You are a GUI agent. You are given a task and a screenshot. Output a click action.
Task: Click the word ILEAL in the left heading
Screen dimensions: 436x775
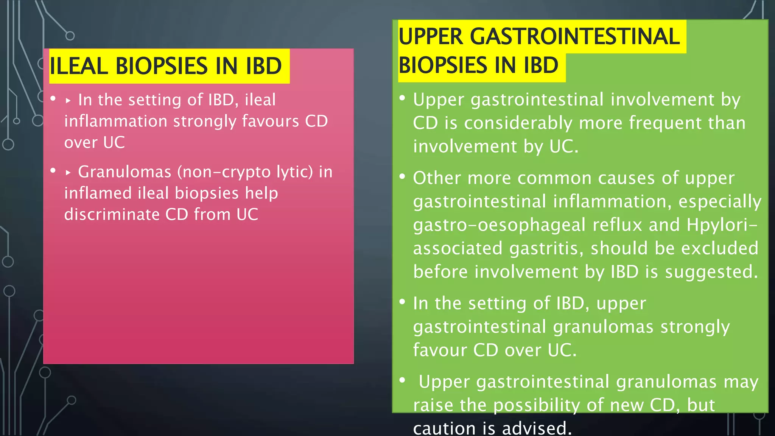79,66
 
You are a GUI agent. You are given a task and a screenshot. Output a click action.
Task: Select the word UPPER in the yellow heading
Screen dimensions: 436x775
430,37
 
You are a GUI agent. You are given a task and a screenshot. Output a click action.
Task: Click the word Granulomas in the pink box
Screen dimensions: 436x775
124,172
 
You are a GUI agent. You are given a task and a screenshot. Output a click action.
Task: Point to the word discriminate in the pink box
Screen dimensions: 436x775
112,215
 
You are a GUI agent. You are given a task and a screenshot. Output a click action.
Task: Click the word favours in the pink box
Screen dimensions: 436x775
270,121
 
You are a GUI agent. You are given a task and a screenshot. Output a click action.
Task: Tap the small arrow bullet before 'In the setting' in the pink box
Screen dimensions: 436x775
68,101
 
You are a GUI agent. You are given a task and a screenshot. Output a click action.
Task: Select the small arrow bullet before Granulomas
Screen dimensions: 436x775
68,173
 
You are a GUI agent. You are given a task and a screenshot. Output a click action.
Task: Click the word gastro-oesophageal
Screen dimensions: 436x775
499,225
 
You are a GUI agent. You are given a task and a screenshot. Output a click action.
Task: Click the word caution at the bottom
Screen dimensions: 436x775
444,428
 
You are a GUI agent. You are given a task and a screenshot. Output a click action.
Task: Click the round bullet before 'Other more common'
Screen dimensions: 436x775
402,177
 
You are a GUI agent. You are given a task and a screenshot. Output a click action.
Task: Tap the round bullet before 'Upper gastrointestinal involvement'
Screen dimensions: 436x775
402,98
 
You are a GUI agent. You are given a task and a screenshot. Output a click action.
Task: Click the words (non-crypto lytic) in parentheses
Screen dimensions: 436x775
245,172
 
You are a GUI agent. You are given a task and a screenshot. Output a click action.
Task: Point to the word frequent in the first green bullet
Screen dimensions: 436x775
663,123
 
